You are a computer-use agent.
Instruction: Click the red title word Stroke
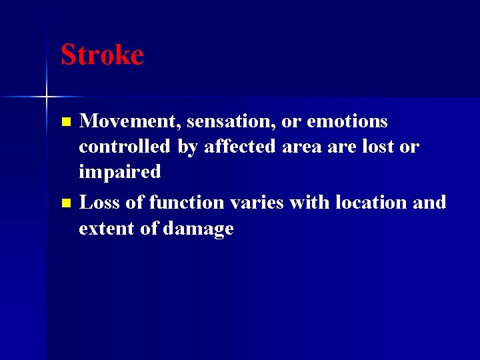tap(102, 55)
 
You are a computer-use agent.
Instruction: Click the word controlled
tap(125, 146)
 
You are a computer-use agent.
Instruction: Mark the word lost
tap(379, 146)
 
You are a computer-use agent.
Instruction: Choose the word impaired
tap(120, 171)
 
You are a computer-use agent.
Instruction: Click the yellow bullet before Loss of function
tap(65, 203)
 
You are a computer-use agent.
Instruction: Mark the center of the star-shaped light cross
tap(46, 97)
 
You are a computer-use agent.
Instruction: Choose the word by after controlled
tap(187, 146)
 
